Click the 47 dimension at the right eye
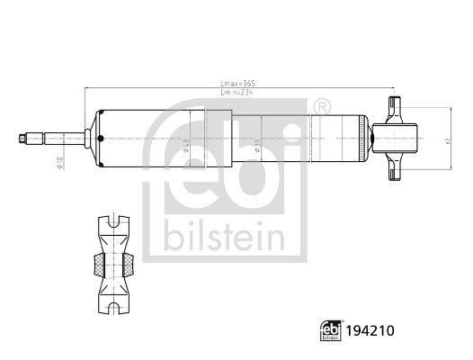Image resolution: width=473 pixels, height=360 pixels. click(x=446, y=140)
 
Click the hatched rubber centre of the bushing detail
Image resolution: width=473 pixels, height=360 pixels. click(x=114, y=264)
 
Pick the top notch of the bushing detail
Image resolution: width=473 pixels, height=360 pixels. click(x=114, y=218)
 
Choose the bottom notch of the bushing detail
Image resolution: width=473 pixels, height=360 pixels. click(x=114, y=310)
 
